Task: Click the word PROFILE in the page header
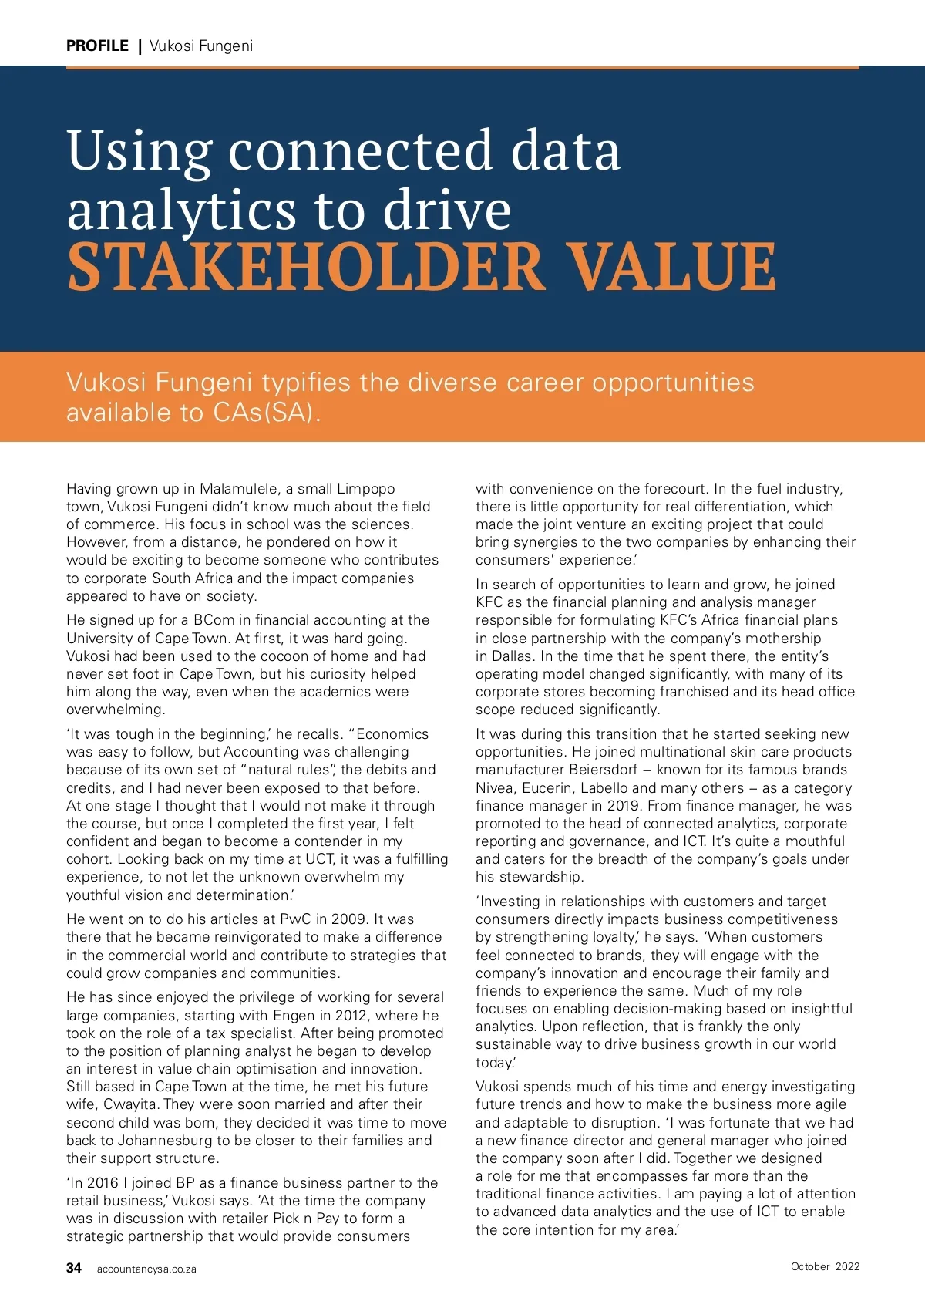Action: point(97,46)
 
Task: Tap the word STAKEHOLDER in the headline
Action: point(305,267)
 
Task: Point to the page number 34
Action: point(74,1268)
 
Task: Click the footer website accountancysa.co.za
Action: point(146,1269)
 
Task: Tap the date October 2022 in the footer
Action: point(825,1266)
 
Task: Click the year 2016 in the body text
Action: point(103,1183)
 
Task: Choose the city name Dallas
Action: point(514,656)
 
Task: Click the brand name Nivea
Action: point(494,788)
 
